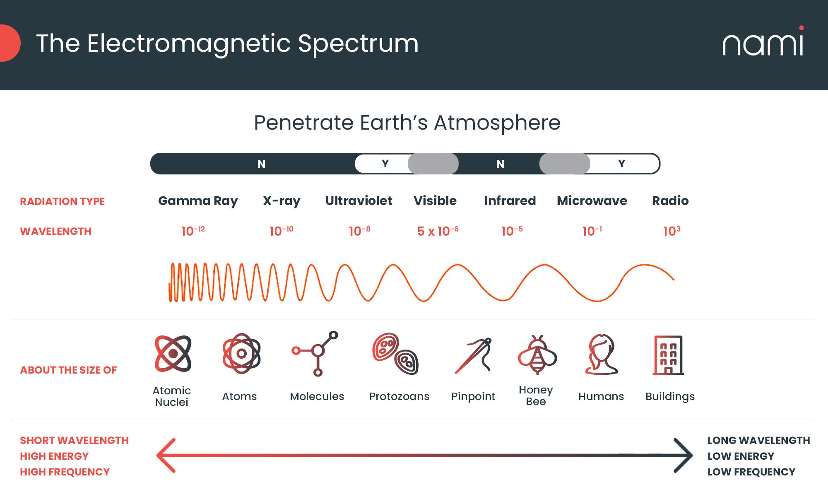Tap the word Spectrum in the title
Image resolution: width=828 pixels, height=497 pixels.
tap(358, 43)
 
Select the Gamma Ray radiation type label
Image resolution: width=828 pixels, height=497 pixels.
tap(198, 201)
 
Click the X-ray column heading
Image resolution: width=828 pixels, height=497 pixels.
tap(282, 201)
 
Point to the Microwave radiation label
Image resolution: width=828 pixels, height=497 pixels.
tap(592, 201)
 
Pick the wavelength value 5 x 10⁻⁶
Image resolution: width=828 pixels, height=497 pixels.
tap(438, 231)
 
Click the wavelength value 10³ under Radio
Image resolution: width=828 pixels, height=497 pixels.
tap(672, 231)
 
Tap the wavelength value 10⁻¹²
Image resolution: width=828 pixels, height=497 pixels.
tap(193, 231)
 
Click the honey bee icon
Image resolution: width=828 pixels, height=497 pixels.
tap(537, 355)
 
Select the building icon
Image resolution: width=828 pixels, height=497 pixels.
tap(668, 355)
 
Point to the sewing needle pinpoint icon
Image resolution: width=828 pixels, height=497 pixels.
tap(473, 355)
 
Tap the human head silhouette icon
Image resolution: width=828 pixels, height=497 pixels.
tap(601, 355)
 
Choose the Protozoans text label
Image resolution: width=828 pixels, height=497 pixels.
tap(399, 396)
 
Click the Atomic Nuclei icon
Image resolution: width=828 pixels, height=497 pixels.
tap(173, 354)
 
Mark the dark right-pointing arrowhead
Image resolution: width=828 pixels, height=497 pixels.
tap(683, 456)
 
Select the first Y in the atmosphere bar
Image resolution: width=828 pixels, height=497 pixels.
tap(385, 164)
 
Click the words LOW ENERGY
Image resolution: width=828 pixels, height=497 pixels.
tap(741, 456)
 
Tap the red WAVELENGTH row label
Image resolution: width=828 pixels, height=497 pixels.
tap(56, 231)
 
